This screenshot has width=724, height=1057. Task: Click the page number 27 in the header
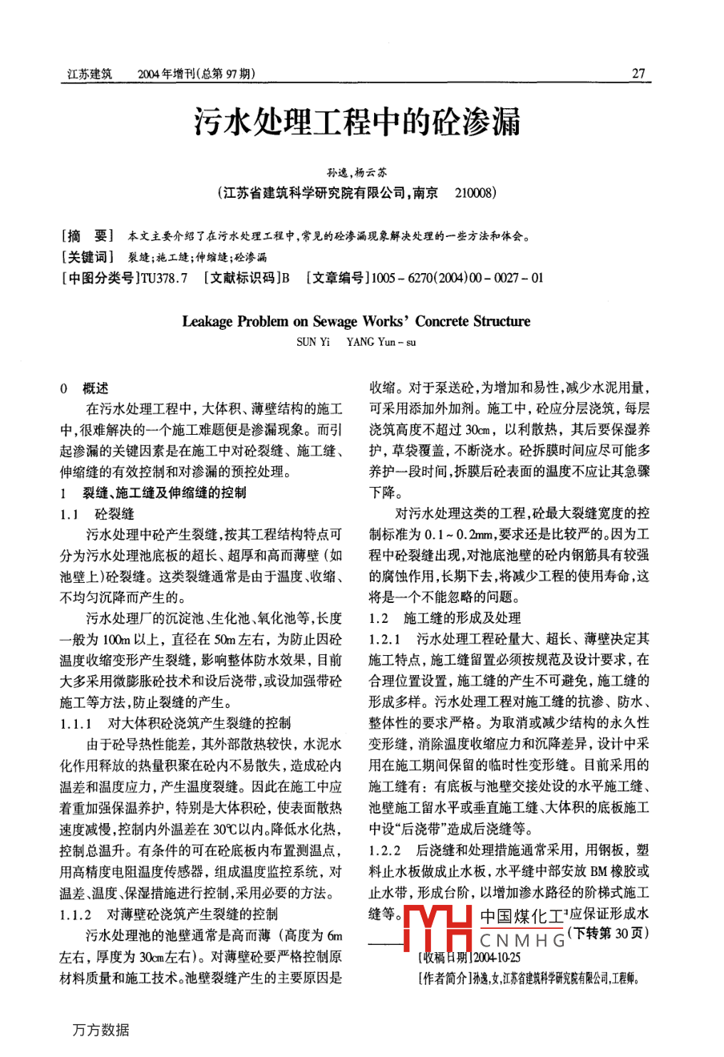pyautogui.click(x=638, y=74)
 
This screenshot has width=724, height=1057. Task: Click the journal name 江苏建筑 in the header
pyautogui.click(x=90, y=74)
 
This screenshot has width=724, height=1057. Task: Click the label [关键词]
pyautogui.click(x=87, y=257)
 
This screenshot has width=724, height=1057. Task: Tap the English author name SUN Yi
pyautogui.click(x=312, y=342)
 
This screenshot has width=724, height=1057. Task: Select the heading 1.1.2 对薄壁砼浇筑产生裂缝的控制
pyautogui.click(x=169, y=914)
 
